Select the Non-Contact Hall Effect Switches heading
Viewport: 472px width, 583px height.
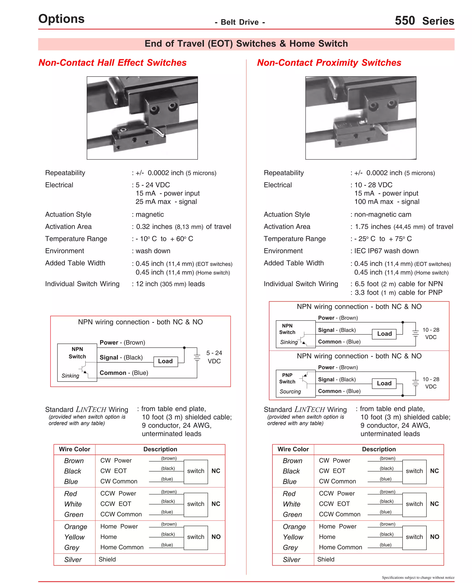click(112, 63)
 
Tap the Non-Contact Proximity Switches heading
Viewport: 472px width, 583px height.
click(329, 63)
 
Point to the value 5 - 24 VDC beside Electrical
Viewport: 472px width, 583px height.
click(153, 185)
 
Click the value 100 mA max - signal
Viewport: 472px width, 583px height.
click(387, 202)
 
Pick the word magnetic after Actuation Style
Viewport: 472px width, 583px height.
click(150, 215)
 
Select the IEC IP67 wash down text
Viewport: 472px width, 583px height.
click(386, 251)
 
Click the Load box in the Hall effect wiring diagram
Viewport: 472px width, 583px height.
click(165, 361)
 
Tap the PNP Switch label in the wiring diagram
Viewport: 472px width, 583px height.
click(287, 378)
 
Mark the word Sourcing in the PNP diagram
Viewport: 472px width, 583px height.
click(290, 392)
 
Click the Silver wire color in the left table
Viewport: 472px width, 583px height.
click(73, 560)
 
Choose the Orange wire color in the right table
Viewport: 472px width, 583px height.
click(294, 527)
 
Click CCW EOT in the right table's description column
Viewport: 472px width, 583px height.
click(334, 504)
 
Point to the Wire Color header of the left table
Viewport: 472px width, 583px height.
click(74, 449)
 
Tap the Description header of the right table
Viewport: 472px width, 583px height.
click(379, 449)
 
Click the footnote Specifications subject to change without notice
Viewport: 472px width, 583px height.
click(418, 577)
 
